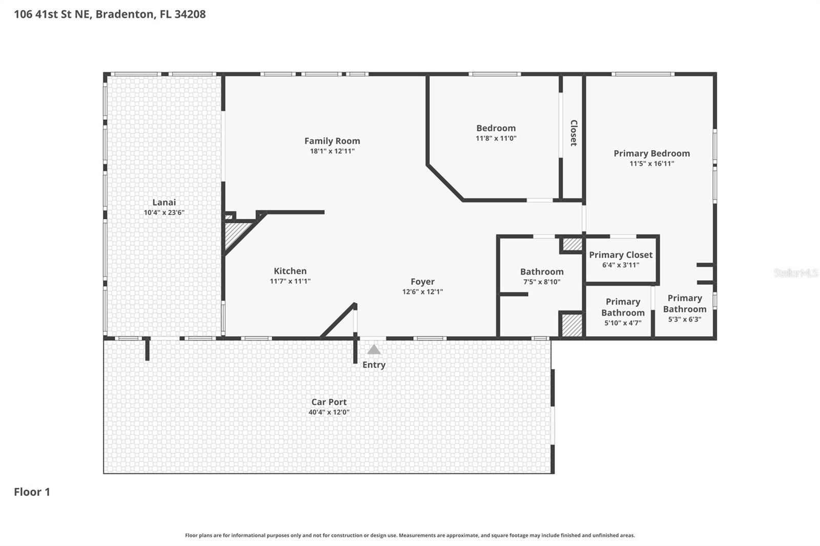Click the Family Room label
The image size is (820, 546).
pyautogui.click(x=332, y=141)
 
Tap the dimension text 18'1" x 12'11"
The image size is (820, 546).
pyautogui.click(x=332, y=151)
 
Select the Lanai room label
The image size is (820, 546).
pyautogui.click(x=164, y=202)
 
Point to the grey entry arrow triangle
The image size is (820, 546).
pyautogui.click(x=374, y=350)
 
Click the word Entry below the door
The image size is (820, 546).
pyautogui.click(x=374, y=365)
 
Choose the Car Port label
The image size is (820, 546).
pyautogui.click(x=329, y=402)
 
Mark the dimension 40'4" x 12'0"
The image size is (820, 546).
pyautogui.click(x=329, y=412)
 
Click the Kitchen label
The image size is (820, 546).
pyautogui.click(x=290, y=271)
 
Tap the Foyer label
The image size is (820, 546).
pyautogui.click(x=422, y=282)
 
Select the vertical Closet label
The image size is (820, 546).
pyautogui.click(x=573, y=133)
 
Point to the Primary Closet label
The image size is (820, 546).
pyautogui.click(x=621, y=255)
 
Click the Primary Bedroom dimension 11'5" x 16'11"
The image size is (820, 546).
pyautogui.click(x=652, y=164)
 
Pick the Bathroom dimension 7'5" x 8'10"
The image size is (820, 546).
pyautogui.click(x=542, y=282)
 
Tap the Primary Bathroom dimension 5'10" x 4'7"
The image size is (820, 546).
pyautogui.click(x=623, y=323)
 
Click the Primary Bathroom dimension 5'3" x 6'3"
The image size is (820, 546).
pyautogui.click(x=685, y=319)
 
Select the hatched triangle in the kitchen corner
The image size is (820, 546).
pyautogui.click(x=233, y=234)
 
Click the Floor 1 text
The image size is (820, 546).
pyautogui.click(x=32, y=492)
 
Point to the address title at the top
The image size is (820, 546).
pyautogui.click(x=110, y=14)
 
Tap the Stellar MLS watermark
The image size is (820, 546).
pyautogui.click(x=795, y=273)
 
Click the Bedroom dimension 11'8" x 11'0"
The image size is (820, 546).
pyautogui.click(x=496, y=138)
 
